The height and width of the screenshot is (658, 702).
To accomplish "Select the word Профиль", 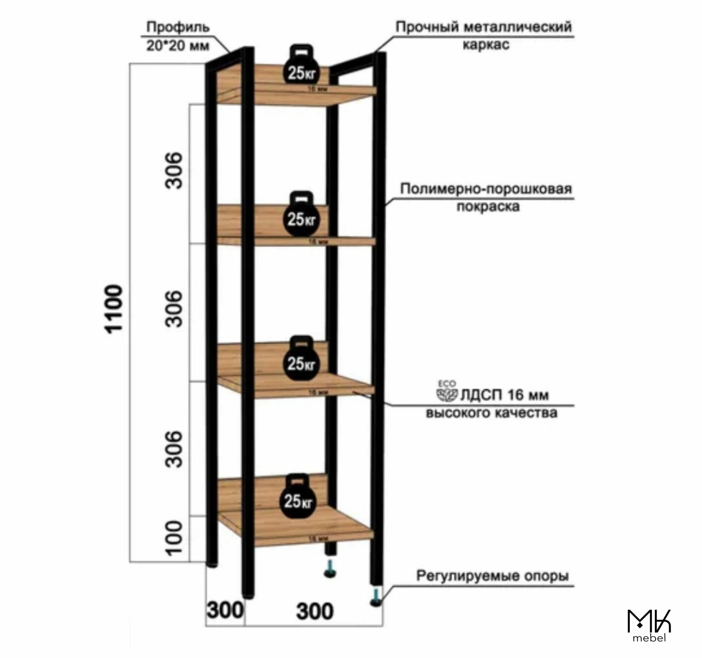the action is [x=178, y=27].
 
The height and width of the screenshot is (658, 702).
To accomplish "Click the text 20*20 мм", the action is [x=178, y=46].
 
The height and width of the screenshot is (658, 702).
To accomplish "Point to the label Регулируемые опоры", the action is [x=492, y=576].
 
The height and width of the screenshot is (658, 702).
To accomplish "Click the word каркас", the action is [x=486, y=45].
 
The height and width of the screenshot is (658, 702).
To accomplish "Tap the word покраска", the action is [x=488, y=206].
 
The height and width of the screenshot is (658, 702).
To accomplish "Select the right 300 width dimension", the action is [x=314, y=611].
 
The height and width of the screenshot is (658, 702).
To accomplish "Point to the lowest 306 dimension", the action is [x=174, y=449].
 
